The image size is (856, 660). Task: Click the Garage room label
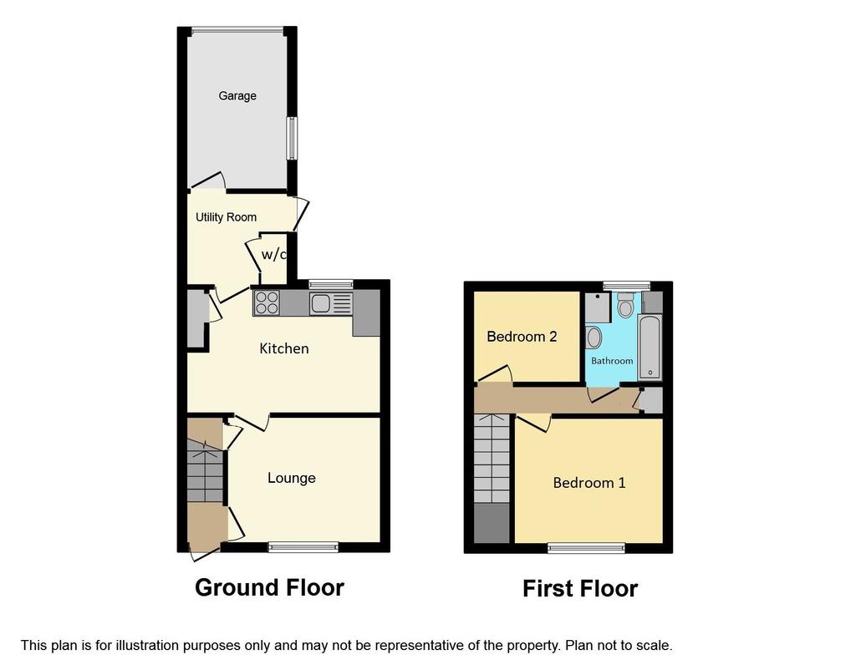(237, 96)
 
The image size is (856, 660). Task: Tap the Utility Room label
(226, 217)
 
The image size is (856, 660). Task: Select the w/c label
(274, 254)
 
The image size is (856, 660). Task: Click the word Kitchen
(284, 348)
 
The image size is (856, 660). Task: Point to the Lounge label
(292, 479)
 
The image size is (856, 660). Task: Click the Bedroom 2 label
(522, 337)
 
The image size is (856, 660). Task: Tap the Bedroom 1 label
(589, 483)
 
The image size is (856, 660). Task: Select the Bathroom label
(612, 361)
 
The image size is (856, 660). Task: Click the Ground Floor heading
(270, 587)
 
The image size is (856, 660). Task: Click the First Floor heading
(580, 588)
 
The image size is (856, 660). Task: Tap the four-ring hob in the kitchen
(267, 302)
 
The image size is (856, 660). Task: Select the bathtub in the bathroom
(650, 348)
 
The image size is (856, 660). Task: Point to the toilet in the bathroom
(625, 304)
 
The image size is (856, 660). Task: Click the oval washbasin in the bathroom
(594, 338)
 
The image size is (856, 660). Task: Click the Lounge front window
(303, 547)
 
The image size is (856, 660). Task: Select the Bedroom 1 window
(586, 548)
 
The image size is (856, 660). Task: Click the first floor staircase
(492, 459)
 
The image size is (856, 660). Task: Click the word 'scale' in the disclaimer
(655, 646)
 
